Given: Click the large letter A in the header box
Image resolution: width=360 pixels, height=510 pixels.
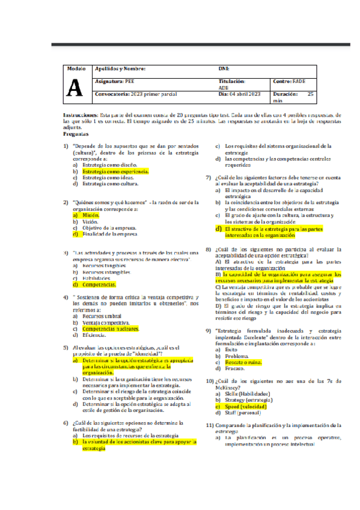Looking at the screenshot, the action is pyautogui.click(x=75, y=88).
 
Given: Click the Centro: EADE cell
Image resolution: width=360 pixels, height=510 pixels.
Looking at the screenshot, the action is pyautogui.click(x=289, y=81).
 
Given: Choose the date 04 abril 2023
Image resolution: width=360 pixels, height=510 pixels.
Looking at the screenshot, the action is pyautogui.click(x=240, y=94).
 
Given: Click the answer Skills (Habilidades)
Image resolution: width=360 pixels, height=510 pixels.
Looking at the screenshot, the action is pyautogui.click(x=247, y=393).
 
